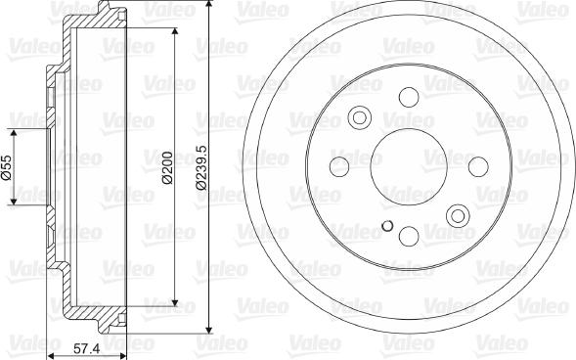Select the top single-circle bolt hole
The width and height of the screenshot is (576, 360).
click(x=408, y=97)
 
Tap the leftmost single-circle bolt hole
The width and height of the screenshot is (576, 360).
click(x=339, y=165)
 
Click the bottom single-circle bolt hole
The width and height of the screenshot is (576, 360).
click(x=408, y=235)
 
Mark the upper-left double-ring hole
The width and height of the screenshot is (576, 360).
click(x=359, y=117)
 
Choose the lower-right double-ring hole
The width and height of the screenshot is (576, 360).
click(x=457, y=214)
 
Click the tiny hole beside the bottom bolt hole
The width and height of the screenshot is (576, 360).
click(x=387, y=230)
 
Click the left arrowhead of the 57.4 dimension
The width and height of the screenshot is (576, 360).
click(x=49, y=336)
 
